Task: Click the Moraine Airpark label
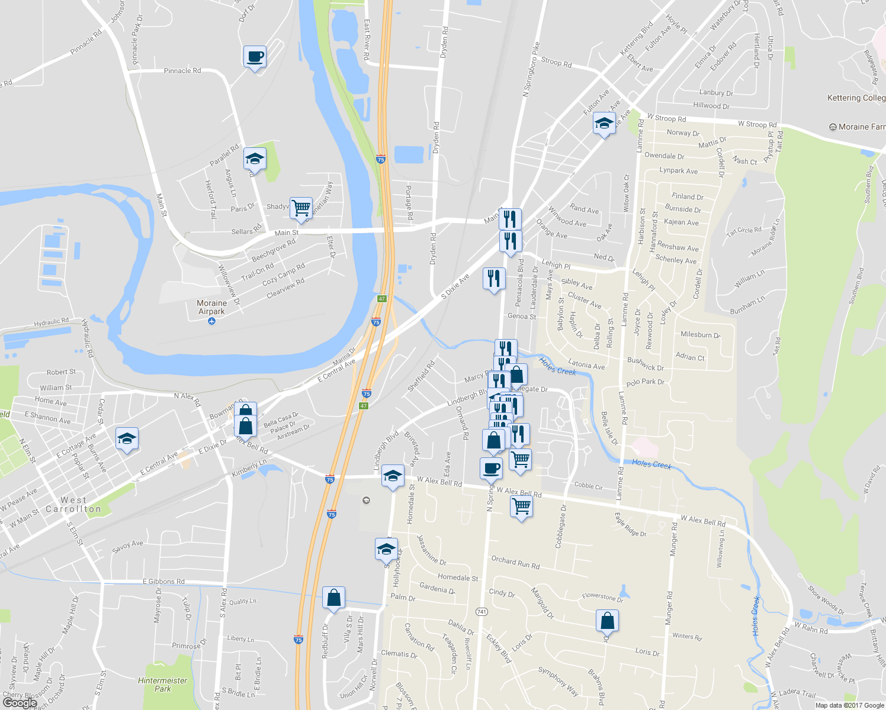coord(212,307)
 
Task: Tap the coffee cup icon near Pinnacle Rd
coord(255,57)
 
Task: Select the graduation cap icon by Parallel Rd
coord(255,159)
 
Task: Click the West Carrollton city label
coord(73,505)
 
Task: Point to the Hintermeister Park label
coord(162,685)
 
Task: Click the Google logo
coord(20,702)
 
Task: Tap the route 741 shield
coord(481,611)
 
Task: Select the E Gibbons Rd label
coord(163,582)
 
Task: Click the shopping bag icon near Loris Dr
coord(607,621)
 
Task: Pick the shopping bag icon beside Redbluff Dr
coord(333,598)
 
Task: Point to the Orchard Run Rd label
coord(515,562)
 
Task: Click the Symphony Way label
coord(558,680)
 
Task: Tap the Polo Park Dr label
coord(645,382)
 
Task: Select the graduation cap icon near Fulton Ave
coord(603,124)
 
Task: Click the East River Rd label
coord(367,40)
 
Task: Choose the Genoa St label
coord(522,317)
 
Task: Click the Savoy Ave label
coord(127,546)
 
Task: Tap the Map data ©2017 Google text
coord(849,705)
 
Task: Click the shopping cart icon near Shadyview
coord(301,208)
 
